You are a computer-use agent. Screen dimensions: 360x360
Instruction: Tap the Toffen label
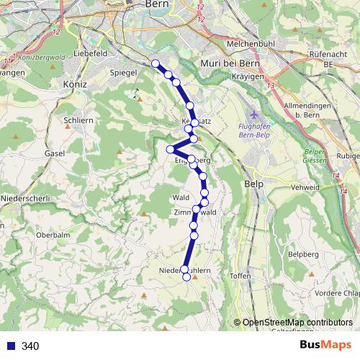click(x=239, y=276)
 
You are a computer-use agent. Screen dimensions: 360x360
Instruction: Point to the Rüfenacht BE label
click(x=330, y=58)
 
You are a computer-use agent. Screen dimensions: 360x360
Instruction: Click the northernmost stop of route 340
click(x=156, y=63)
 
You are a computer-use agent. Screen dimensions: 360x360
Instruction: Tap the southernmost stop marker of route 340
click(x=186, y=277)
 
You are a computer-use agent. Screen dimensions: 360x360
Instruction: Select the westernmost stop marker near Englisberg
click(x=171, y=149)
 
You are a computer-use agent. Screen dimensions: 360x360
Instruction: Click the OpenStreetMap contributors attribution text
click(x=297, y=323)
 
